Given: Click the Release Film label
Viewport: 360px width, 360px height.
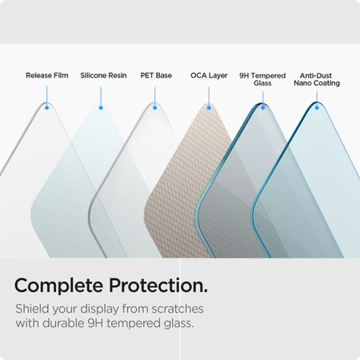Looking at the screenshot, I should coord(47,76).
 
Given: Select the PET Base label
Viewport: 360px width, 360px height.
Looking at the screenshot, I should coord(156,76).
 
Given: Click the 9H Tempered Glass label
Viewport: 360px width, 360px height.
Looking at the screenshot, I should coord(262,79).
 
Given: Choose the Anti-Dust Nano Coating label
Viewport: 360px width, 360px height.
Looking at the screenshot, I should coord(317,79).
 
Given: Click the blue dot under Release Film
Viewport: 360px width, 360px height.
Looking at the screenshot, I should coord(47,107).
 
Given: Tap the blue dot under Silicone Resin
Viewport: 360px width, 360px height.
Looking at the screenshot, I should coord(101,107).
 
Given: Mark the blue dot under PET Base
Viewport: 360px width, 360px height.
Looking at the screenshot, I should coord(155,107).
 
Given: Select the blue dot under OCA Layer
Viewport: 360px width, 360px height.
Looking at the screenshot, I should coord(209,107).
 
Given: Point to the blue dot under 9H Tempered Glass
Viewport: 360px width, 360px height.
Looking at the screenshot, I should coord(262,107).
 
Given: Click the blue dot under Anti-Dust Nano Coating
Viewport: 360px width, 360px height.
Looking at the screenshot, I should coord(317,107).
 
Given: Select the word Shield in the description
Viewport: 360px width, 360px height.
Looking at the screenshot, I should coord(33,310).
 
